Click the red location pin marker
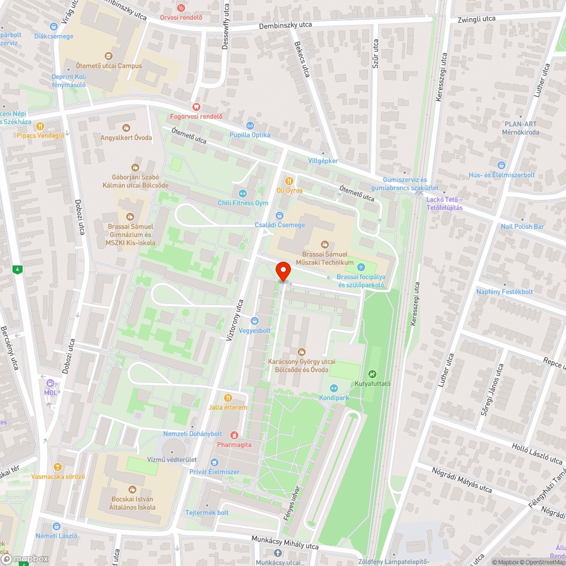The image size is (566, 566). (x=283, y=271)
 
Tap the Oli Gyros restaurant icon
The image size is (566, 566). (x=289, y=181)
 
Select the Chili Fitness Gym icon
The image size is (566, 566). (x=243, y=193)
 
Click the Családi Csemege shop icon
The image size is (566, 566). (x=279, y=215)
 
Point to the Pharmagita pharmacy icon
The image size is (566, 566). (x=234, y=435)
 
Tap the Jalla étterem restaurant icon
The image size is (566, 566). (x=228, y=397)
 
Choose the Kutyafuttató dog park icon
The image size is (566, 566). (x=372, y=374)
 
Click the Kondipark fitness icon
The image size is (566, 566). (x=334, y=388)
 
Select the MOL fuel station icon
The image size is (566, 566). (x=50, y=383)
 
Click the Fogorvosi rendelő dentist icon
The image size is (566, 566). (x=197, y=106)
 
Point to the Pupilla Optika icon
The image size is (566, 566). (x=250, y=125)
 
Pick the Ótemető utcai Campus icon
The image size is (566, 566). (x=109, y=56)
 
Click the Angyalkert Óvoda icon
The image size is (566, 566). (x=126, y=127)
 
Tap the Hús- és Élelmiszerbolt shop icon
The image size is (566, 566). (x=501, y=165)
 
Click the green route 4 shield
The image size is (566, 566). (x=19, y=269)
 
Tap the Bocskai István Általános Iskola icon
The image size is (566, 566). (x=132, y=489)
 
